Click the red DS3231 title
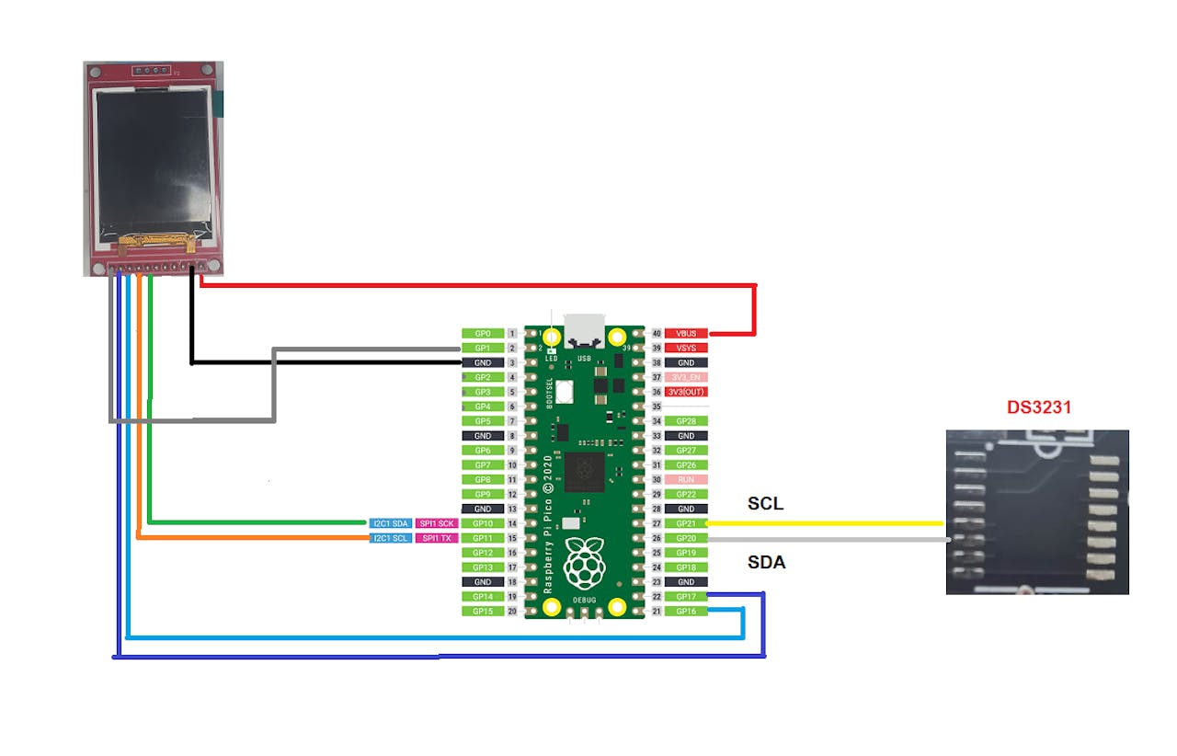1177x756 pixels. point(1039,407)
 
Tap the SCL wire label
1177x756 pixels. point(766,504)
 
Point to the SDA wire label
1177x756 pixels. point(766,562)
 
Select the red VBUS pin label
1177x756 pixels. point(686,333)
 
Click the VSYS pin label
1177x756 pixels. point(686,348)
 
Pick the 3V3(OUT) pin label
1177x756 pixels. point(686,392)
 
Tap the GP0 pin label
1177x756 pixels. point(483,333)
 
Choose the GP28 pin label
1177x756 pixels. point(686,421)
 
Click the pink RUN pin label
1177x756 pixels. point(686,480)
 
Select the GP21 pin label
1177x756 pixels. point(686,523)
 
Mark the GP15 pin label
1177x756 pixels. point(483,612)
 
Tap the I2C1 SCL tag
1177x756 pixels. point(390,538)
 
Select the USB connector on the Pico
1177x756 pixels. point(584,328)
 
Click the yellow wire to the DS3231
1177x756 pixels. point(828,523)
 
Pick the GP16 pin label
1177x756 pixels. point(686,612)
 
